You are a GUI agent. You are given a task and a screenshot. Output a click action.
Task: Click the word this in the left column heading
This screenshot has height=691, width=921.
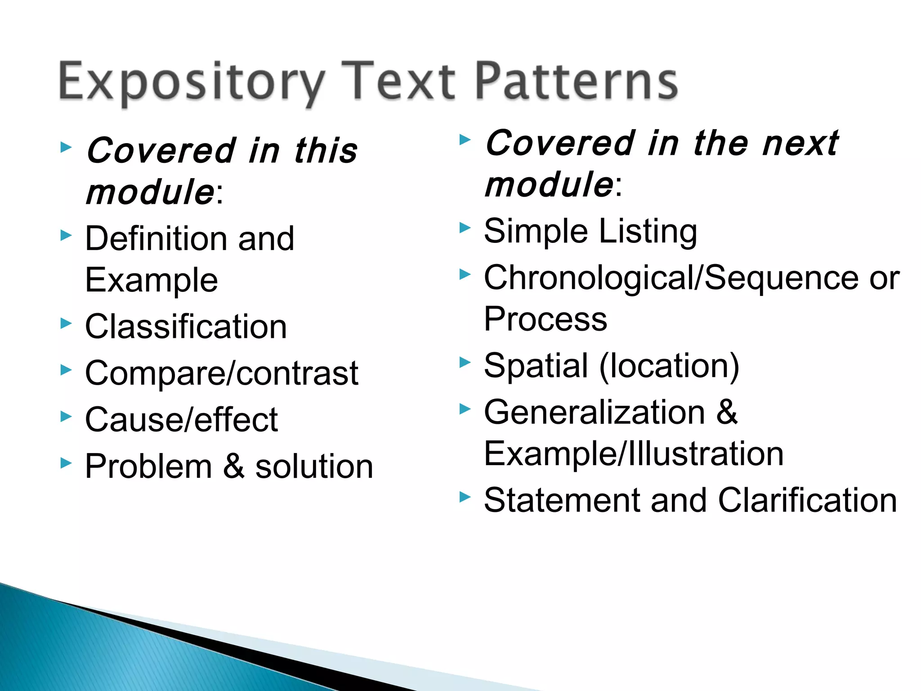[x=326, y=150]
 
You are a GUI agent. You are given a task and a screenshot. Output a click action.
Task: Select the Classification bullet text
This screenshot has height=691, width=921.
[x=186, y=327]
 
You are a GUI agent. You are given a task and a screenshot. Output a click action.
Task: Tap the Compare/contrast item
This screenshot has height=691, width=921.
[x=222, y=373]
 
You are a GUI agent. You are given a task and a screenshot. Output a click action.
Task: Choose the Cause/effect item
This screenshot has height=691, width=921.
[x=182, y=420]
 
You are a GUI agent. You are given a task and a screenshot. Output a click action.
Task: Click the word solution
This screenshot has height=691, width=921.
[x=314, y=466]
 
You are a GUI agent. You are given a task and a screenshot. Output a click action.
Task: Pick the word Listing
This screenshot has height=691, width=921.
[x=648, y=231]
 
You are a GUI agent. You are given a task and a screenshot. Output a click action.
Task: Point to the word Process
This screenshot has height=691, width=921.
[x=545, y=319]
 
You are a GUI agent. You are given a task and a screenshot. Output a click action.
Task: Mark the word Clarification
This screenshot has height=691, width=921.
[x=808, y=500]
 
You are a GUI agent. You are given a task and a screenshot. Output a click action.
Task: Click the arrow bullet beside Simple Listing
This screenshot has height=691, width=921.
[x=465, y=228]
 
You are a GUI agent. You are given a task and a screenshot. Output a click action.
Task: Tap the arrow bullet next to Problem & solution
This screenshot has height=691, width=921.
[x=66, y=462]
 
